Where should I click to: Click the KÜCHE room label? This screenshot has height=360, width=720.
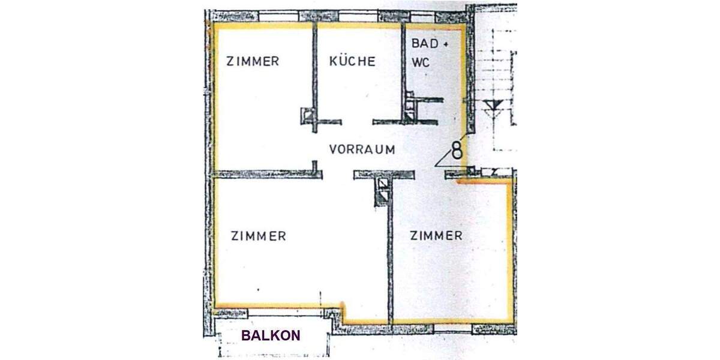[x=352, y=61]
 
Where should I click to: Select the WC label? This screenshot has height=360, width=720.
[x=421, y=62]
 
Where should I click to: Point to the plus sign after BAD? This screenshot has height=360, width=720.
[x=445, y=44]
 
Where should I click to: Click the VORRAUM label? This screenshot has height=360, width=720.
[x=362, y=150]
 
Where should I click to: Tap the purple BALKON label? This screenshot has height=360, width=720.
[x=271, y=336]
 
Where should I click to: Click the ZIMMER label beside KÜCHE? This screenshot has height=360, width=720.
[x=252, y=61]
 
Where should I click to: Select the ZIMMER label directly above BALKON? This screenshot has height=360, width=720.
[x=258, y=236]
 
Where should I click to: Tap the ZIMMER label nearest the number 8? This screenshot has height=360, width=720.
[x=436, y=236]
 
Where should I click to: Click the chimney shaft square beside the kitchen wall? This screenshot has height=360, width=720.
[x=308, y=115]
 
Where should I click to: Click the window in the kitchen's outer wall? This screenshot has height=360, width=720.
[x=359, y=16]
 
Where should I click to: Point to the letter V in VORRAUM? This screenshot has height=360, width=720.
[x=334, y=150]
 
